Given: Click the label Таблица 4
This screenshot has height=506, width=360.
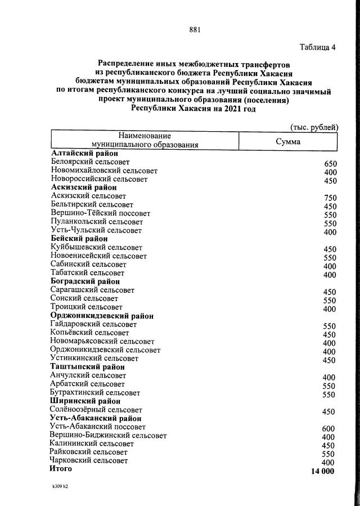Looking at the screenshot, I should pyautogui.click(x=317, y=47).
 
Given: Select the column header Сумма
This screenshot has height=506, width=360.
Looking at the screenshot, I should pyautogui.click(x=287, y=141).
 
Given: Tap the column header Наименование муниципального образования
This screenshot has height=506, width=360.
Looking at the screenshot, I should pyautogui.click(x=145, y=140).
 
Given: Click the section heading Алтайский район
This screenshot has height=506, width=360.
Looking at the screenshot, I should pyautogui.click(x=84, y=154).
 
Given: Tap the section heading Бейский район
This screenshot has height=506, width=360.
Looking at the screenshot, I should pyautogui.click(x=79, y=239).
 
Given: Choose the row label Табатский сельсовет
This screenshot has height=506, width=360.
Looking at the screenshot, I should pyautogui.click(x=88, y=273).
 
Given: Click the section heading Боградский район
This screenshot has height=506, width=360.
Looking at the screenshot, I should pyautogui.click(x=85, y=281).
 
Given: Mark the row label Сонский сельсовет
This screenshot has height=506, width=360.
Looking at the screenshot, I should pyautogui.click(x=84, y=298).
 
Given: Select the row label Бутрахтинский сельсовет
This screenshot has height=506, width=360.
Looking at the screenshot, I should pyautogui.click(x=95, y=392).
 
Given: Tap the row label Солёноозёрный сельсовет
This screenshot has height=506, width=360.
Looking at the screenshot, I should pyautogui.click(x=96, y=410).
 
